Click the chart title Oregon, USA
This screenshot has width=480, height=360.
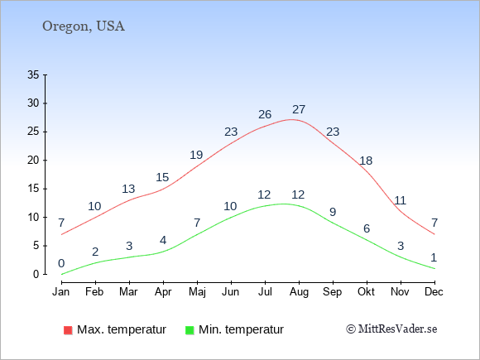(x=84, y=26)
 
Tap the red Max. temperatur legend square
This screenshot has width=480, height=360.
(x=68, y=330)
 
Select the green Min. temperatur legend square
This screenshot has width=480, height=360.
(x=190, y=330)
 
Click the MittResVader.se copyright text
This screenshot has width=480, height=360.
(x=391, y=329)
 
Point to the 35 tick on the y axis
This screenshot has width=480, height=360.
(x=33, y=74)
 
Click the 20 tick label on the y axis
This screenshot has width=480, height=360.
(x=33, y=160)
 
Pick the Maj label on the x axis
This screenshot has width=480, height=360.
(x=197, y=292)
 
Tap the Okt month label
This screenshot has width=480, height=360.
(x=366, y=292)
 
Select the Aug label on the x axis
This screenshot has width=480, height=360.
(x=299, y=292)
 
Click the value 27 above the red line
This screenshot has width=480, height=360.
(x=299, y=109)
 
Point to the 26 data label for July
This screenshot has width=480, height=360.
(x=265, y=114)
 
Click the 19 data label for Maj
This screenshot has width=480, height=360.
(x=196, y=155)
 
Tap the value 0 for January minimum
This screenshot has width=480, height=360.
(x=61, y=263)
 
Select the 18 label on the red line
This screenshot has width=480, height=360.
(x=366, y=161)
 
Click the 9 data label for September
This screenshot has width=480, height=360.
(x=333, y=212)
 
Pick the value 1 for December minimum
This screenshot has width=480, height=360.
(x=434, y=257)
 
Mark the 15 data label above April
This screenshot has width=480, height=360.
(x=162, y=177)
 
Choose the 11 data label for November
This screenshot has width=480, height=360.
(x=400, y=200)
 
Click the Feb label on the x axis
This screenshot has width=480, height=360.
(x=94, y=292)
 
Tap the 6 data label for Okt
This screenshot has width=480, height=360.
(x=367, y=228)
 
